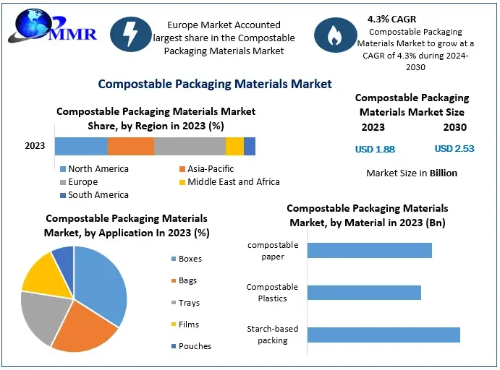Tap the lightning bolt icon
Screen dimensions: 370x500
[x=130, y=35]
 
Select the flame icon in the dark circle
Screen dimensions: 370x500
[x=334, y=35]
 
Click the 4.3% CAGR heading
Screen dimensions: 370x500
[x=391, y=19]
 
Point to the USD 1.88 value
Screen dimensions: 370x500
[x=375, y=149]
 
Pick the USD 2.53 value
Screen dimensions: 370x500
[x=454, y=149]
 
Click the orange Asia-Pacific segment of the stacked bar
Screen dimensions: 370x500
[x=131, y=146]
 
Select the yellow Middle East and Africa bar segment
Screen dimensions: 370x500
[x=234, y=146]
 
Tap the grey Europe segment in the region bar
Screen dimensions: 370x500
[x=190, y=146]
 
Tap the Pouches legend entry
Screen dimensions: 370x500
[x=195, y=346]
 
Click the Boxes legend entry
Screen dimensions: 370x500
[x=190, y=259]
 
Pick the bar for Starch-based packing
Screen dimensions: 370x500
[x=384, y=335]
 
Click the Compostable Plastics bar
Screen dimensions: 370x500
[x=364, y=293]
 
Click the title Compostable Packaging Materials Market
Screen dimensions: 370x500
[x=214, y=84]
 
